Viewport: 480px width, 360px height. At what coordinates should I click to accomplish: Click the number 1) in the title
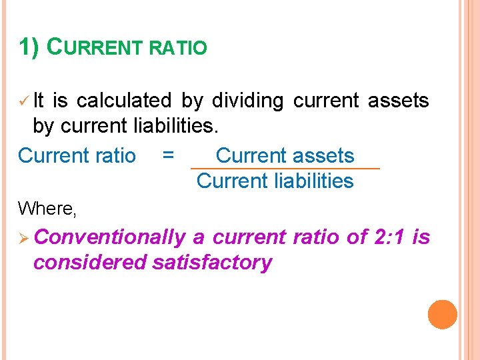coord(30,47)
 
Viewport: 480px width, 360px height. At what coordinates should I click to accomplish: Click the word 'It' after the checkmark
coord(39,101)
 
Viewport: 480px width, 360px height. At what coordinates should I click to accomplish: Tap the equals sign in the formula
coord(169,155)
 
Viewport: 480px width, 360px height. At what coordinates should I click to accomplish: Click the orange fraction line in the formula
coord(285,169)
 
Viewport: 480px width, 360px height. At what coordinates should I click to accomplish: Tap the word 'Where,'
coord(47,209)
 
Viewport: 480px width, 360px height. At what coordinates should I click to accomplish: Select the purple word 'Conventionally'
coord(109,237)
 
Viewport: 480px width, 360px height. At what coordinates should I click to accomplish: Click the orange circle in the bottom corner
coord(443,315)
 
